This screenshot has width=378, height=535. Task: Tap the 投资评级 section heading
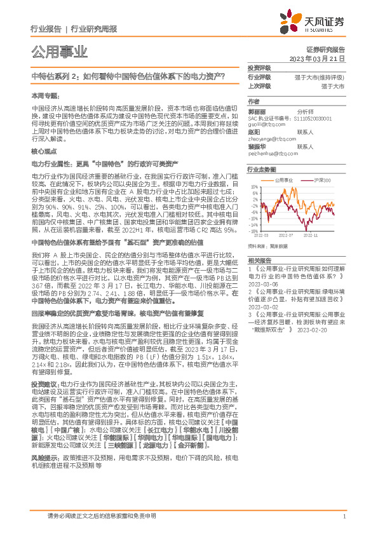click(259, 67)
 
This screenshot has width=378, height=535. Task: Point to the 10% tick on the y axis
click(254, 187)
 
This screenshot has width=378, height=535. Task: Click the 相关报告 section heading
click(259, 261)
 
